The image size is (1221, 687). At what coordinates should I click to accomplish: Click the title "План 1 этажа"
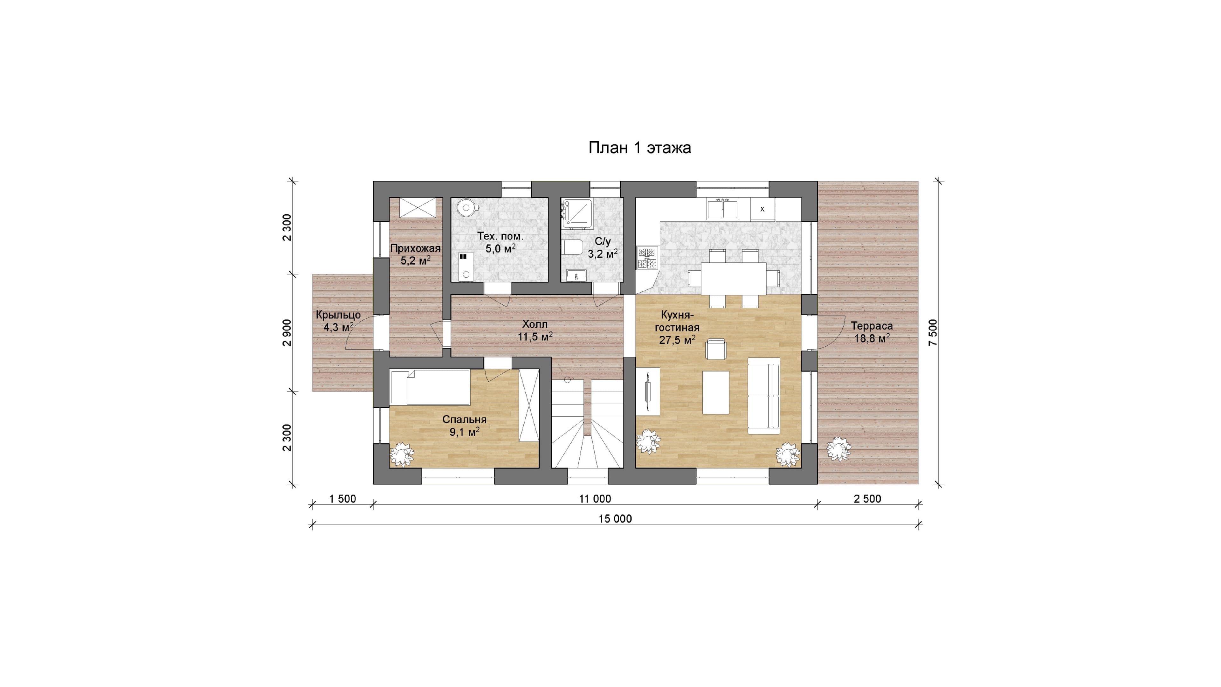click(639, 148)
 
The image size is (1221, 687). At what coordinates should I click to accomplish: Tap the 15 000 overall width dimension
click(615, 519)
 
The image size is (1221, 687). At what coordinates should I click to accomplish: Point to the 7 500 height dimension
click(933, 332)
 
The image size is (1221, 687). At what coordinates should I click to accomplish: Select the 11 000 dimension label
click(595, 499)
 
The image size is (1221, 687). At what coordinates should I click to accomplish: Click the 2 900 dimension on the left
click(287, 332)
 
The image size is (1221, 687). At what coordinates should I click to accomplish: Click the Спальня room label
click(465, 420)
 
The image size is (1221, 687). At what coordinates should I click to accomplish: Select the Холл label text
click(535, 324)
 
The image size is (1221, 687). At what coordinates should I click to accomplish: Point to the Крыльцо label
click(338, 315)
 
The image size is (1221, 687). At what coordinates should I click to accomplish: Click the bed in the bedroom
click(430, 387)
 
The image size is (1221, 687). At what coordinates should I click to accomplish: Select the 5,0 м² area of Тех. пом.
click(500, 248)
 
